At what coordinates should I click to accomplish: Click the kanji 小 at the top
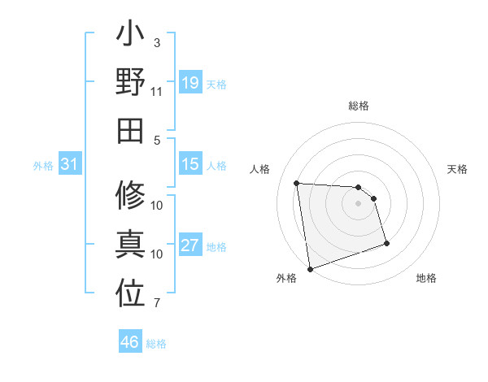pos(130,37)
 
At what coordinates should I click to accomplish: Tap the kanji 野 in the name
pos(130,83)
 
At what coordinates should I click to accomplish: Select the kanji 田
pos(130,130)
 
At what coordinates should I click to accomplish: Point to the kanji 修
pos(130,196)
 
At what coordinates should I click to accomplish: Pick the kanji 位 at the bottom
pos(130,294)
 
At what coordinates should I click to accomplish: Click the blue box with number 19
pos(190,83)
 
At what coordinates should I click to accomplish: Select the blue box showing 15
pos(190,164)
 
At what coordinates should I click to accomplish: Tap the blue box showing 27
pos(190,245)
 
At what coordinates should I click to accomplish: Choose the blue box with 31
pos(69,165)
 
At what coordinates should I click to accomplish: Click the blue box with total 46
pos(130,342)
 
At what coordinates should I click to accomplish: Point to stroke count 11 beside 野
pos(156,92)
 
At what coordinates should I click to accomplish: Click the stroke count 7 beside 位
pos(156,304)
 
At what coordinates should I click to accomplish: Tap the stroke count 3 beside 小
pos(156,42)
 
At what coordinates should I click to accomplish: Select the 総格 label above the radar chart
pos(358,106)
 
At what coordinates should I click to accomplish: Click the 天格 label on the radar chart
pos(457,169)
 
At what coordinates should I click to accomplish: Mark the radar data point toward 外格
pos(310,268)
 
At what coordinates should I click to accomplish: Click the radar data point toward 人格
pos(297,183)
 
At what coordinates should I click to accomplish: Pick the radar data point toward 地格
pos(386,243)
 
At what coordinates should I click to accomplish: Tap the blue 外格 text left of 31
pos(43,166)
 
